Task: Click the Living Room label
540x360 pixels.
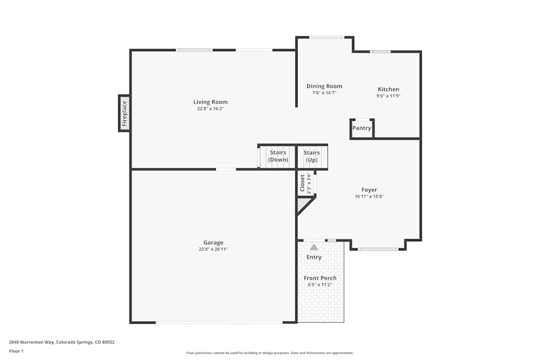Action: click(x=211, y=102)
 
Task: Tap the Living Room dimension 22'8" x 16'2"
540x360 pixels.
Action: click(x=211, y=108)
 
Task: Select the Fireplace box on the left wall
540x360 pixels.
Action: click(x=124, y=113)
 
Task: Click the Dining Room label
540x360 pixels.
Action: click(x=324, y=86)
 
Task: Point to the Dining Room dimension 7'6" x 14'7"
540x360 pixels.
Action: click(x=324, y=93)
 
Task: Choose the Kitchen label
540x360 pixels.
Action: click(x=388, y=90)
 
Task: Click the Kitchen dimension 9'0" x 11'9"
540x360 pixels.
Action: click(x=388, y=96)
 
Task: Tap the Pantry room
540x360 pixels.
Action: click(x=362, y=128)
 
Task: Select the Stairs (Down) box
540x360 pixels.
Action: click(x=278, y=156)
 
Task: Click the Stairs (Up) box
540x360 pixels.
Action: click(x=312, y=156)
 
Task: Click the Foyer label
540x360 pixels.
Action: click(x=369, y=190)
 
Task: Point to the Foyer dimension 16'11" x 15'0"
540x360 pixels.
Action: click(x=369, y=196)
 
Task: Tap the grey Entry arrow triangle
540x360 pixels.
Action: click(x=314, y=247)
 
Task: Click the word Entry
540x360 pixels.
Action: click(x=314, y=257)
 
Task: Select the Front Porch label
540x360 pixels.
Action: click(x=320, y=278)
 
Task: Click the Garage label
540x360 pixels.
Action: click(x=213, y=243)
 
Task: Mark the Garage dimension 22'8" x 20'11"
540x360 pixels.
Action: click(x=213, y=249)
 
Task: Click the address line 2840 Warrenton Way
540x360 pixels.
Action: click(x=62, y=342)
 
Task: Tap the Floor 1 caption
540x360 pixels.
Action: click(x=16, y=351)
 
